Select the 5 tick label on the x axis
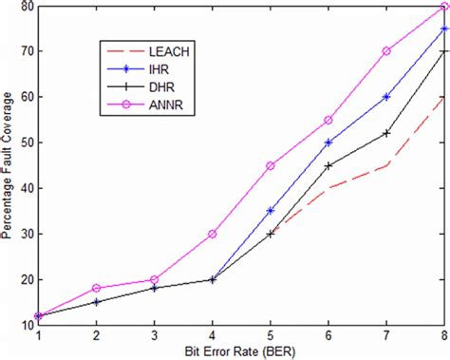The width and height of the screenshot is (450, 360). coord(271,334)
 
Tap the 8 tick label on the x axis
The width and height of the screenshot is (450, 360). coord(444,334)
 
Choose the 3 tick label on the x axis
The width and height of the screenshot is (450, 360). coord(155,334)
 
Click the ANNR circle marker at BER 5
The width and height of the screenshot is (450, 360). coord(271,165)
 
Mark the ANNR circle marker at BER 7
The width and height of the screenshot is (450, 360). coord(386,51)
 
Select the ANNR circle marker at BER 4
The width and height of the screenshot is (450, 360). coord(213,234)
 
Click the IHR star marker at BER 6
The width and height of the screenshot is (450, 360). coord(328,142)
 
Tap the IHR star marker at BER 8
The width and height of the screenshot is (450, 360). coord(444,28)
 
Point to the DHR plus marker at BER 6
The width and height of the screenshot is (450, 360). coord(328,165)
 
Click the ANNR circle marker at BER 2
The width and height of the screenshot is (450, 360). coord(97,288)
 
